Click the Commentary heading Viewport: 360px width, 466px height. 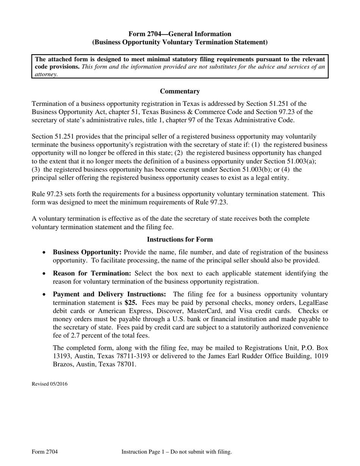(180, 91)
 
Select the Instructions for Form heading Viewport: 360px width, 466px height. (180, 239)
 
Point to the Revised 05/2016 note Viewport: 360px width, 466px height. (50, 384)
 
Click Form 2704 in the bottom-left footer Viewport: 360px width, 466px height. (45, 452)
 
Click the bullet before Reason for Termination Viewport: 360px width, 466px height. (45, 274)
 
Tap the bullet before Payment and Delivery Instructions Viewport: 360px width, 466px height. (45, 294)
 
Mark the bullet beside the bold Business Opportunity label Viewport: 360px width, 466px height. (45, 253)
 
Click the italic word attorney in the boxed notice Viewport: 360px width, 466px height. (46, 75)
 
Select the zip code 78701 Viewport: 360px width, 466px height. (126, 364)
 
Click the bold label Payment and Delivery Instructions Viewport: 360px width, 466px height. (109, 294)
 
